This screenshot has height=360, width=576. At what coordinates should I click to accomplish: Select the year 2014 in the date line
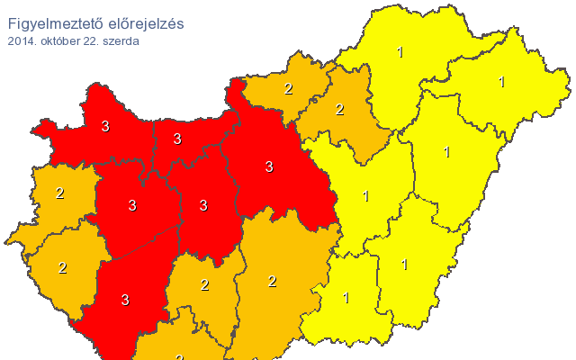coord(22,41)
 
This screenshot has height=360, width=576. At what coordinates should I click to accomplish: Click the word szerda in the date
coord(121,41)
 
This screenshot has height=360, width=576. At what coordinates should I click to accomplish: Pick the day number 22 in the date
coord(92,41)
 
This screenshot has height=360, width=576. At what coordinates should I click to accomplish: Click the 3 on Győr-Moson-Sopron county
coord(105,127)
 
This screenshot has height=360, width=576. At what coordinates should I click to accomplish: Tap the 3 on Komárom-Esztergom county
coord(177,139)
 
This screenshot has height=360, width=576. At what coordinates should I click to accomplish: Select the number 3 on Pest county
coord(268,166)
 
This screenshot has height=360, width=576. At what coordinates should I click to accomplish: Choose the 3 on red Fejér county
coord(203,205)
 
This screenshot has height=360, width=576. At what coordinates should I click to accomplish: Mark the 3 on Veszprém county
coord(132,205)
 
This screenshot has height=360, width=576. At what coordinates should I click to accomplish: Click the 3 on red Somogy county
coord(125,300)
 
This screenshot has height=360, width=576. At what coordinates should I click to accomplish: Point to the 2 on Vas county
coord(59,193)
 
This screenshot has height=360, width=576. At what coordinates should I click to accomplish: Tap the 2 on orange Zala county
coord(62,267)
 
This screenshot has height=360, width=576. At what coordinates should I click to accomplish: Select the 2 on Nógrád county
coord(288,88)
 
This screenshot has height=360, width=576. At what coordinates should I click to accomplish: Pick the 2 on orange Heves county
coord(339,110)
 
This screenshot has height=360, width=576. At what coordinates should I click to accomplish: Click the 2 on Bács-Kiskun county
coord(272,282)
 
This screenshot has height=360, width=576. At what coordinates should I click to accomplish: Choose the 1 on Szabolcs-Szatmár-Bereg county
coord(501,83)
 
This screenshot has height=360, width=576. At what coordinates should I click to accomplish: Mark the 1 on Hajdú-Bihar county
coord(446,152)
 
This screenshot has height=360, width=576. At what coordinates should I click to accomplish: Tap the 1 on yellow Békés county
coord(404,265)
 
